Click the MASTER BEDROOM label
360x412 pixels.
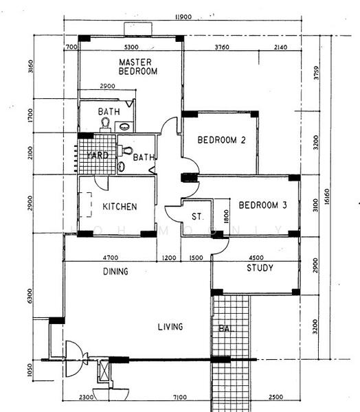[137, 67]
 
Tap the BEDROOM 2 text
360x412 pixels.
[221, 140]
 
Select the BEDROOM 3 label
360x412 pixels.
[262, 205]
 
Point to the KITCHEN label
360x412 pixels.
[120, 207]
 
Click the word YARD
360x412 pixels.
[96, 156]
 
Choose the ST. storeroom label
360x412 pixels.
[198, 217]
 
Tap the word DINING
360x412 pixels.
[115, 271]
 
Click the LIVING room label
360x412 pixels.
[169, 327]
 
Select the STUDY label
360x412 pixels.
[260, 268]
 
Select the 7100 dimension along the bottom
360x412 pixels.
[179, 398]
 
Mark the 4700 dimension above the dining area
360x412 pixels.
[110, 258]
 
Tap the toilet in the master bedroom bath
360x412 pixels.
[106, 124]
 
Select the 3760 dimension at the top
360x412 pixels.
[221, 47]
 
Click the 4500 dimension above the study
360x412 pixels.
[256, 258]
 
